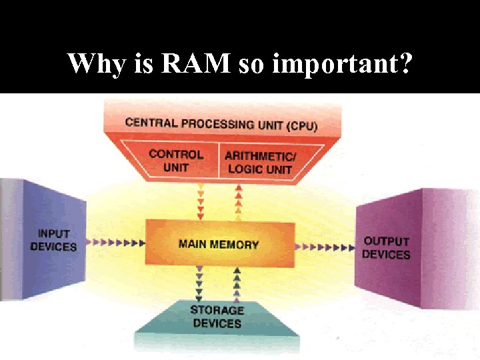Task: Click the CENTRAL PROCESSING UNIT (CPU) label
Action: [x=221, y=123]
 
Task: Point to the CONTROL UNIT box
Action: [x=175, y=161]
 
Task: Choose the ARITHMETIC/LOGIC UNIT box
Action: [x=259, y=162]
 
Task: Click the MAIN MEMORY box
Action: [x=219, y=244]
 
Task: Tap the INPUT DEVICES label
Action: [x=53, y=240]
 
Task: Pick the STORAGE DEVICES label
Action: [x=217, y=317]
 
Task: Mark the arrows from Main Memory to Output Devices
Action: [x=325, y=247]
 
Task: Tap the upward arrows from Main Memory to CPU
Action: [x=238, y=201]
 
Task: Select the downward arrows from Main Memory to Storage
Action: [x=198, y=283]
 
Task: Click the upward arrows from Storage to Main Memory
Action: [x=237, y=283]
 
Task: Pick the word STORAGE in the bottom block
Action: [x=217, y=310]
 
